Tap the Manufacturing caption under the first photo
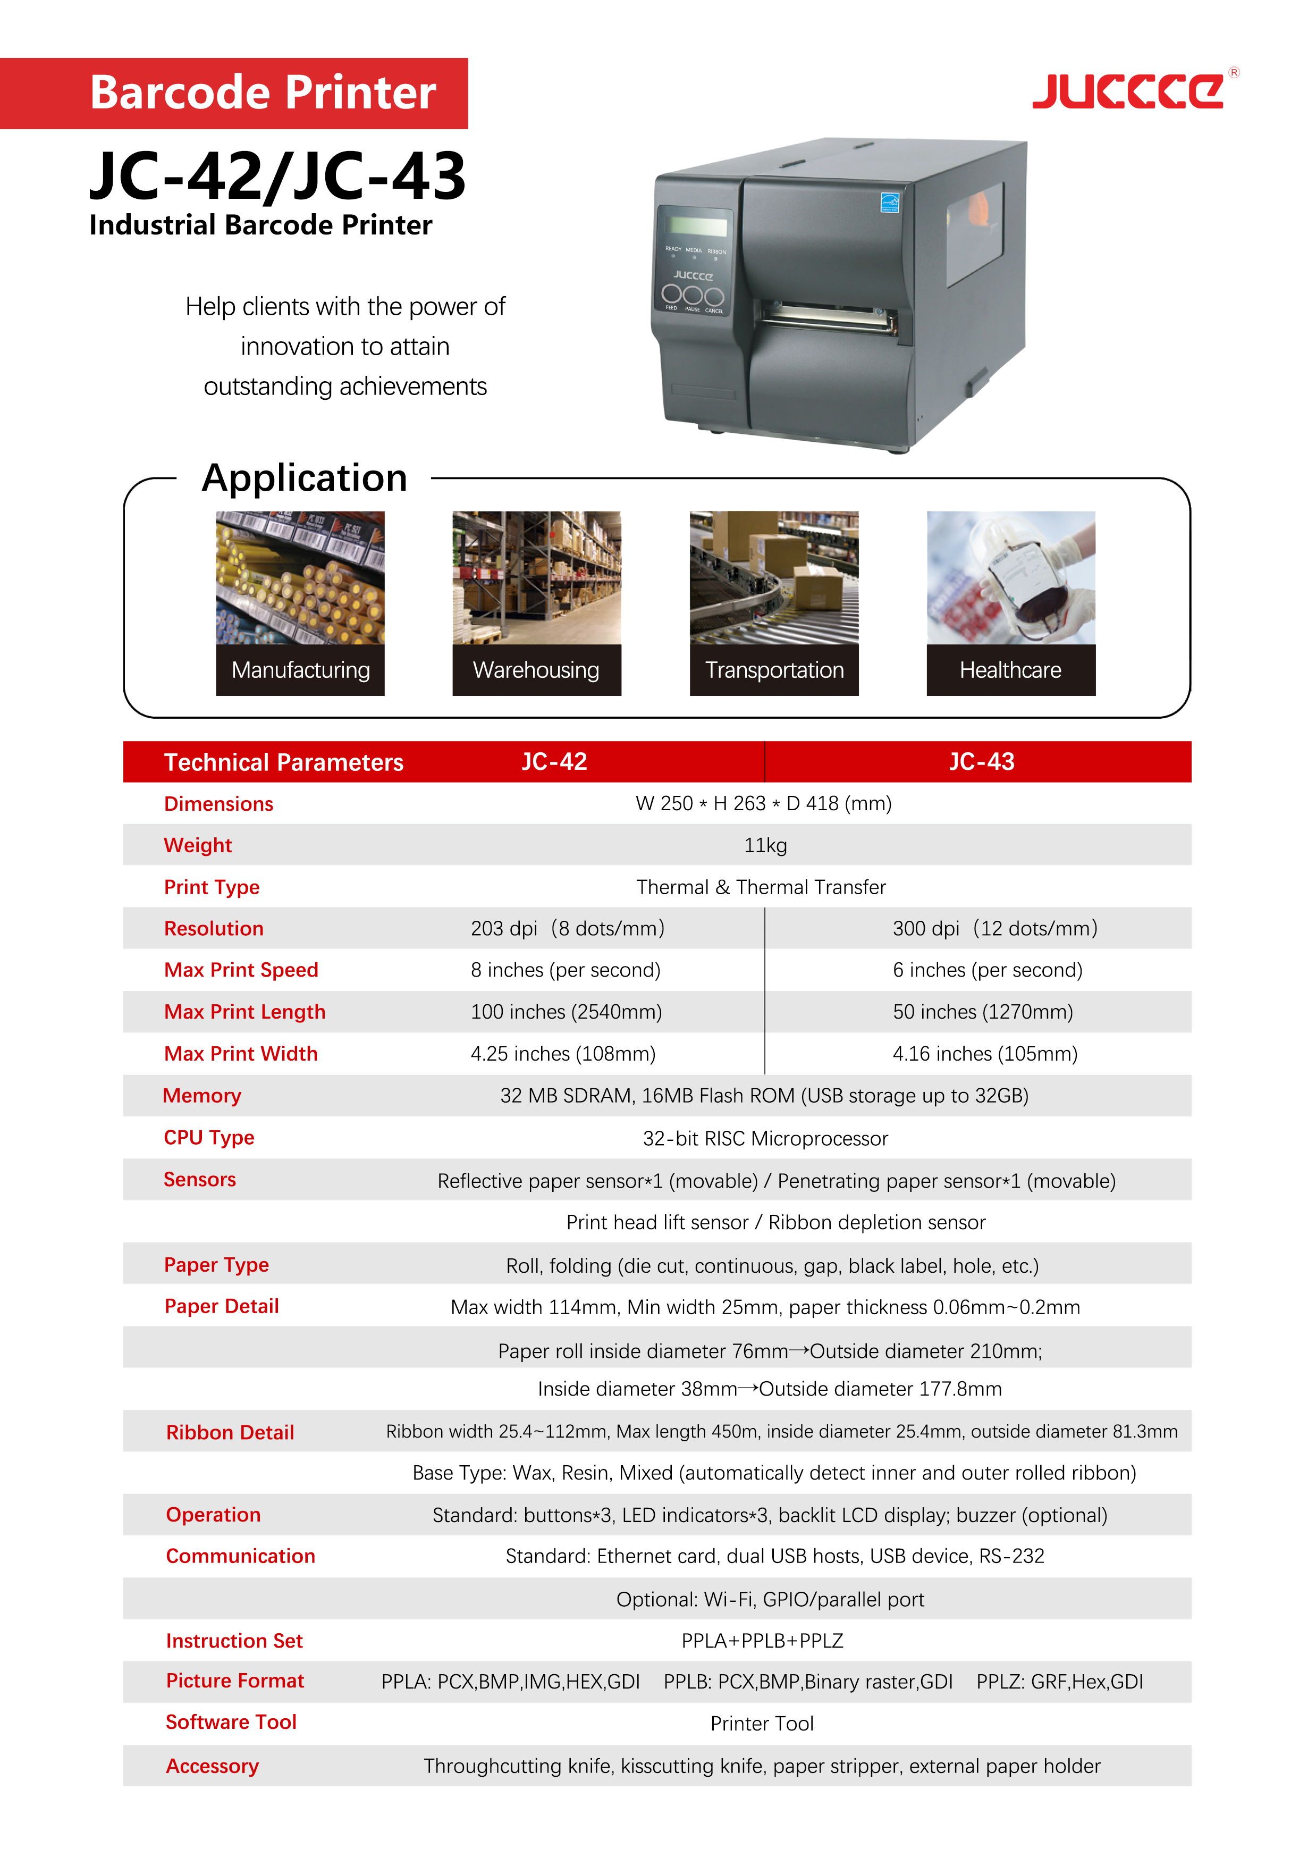point(300,670)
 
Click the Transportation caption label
point(774,670)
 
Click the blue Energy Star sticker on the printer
point(889,201)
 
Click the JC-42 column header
point(554,762)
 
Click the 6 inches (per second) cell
point(987,970)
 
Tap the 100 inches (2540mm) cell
point(566,1012)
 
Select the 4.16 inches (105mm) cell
point(985,1054)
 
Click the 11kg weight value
point(765,846)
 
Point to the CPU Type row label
point(209,1137)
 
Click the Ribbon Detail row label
point(230,1432)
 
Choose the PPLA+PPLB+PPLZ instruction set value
point(762,1641)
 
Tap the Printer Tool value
point(762,1724)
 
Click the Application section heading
point(305,477)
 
